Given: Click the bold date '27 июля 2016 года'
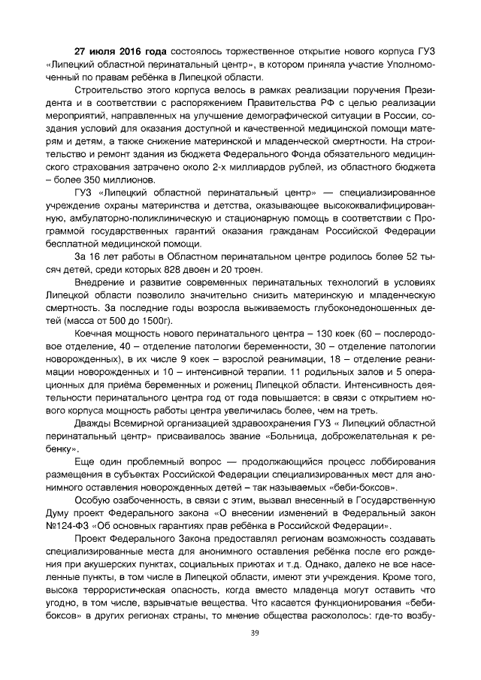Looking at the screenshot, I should coord(119,53).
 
